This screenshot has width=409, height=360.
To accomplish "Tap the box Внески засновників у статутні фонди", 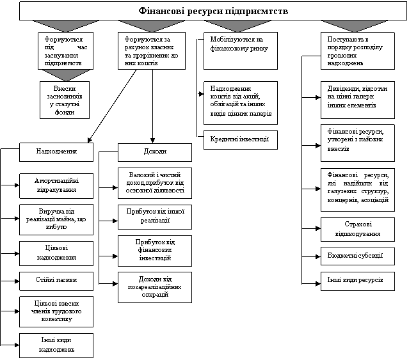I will pos(64,100).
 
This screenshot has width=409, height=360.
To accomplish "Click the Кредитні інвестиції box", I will pos(241,139).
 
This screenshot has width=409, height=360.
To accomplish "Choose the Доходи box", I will pos(155,152).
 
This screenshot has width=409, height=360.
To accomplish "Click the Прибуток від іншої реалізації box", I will pos(155,216).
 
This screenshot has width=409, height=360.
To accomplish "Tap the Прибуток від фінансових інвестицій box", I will pos(155,250).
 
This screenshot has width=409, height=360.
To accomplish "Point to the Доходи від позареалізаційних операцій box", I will pos(155,286).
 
